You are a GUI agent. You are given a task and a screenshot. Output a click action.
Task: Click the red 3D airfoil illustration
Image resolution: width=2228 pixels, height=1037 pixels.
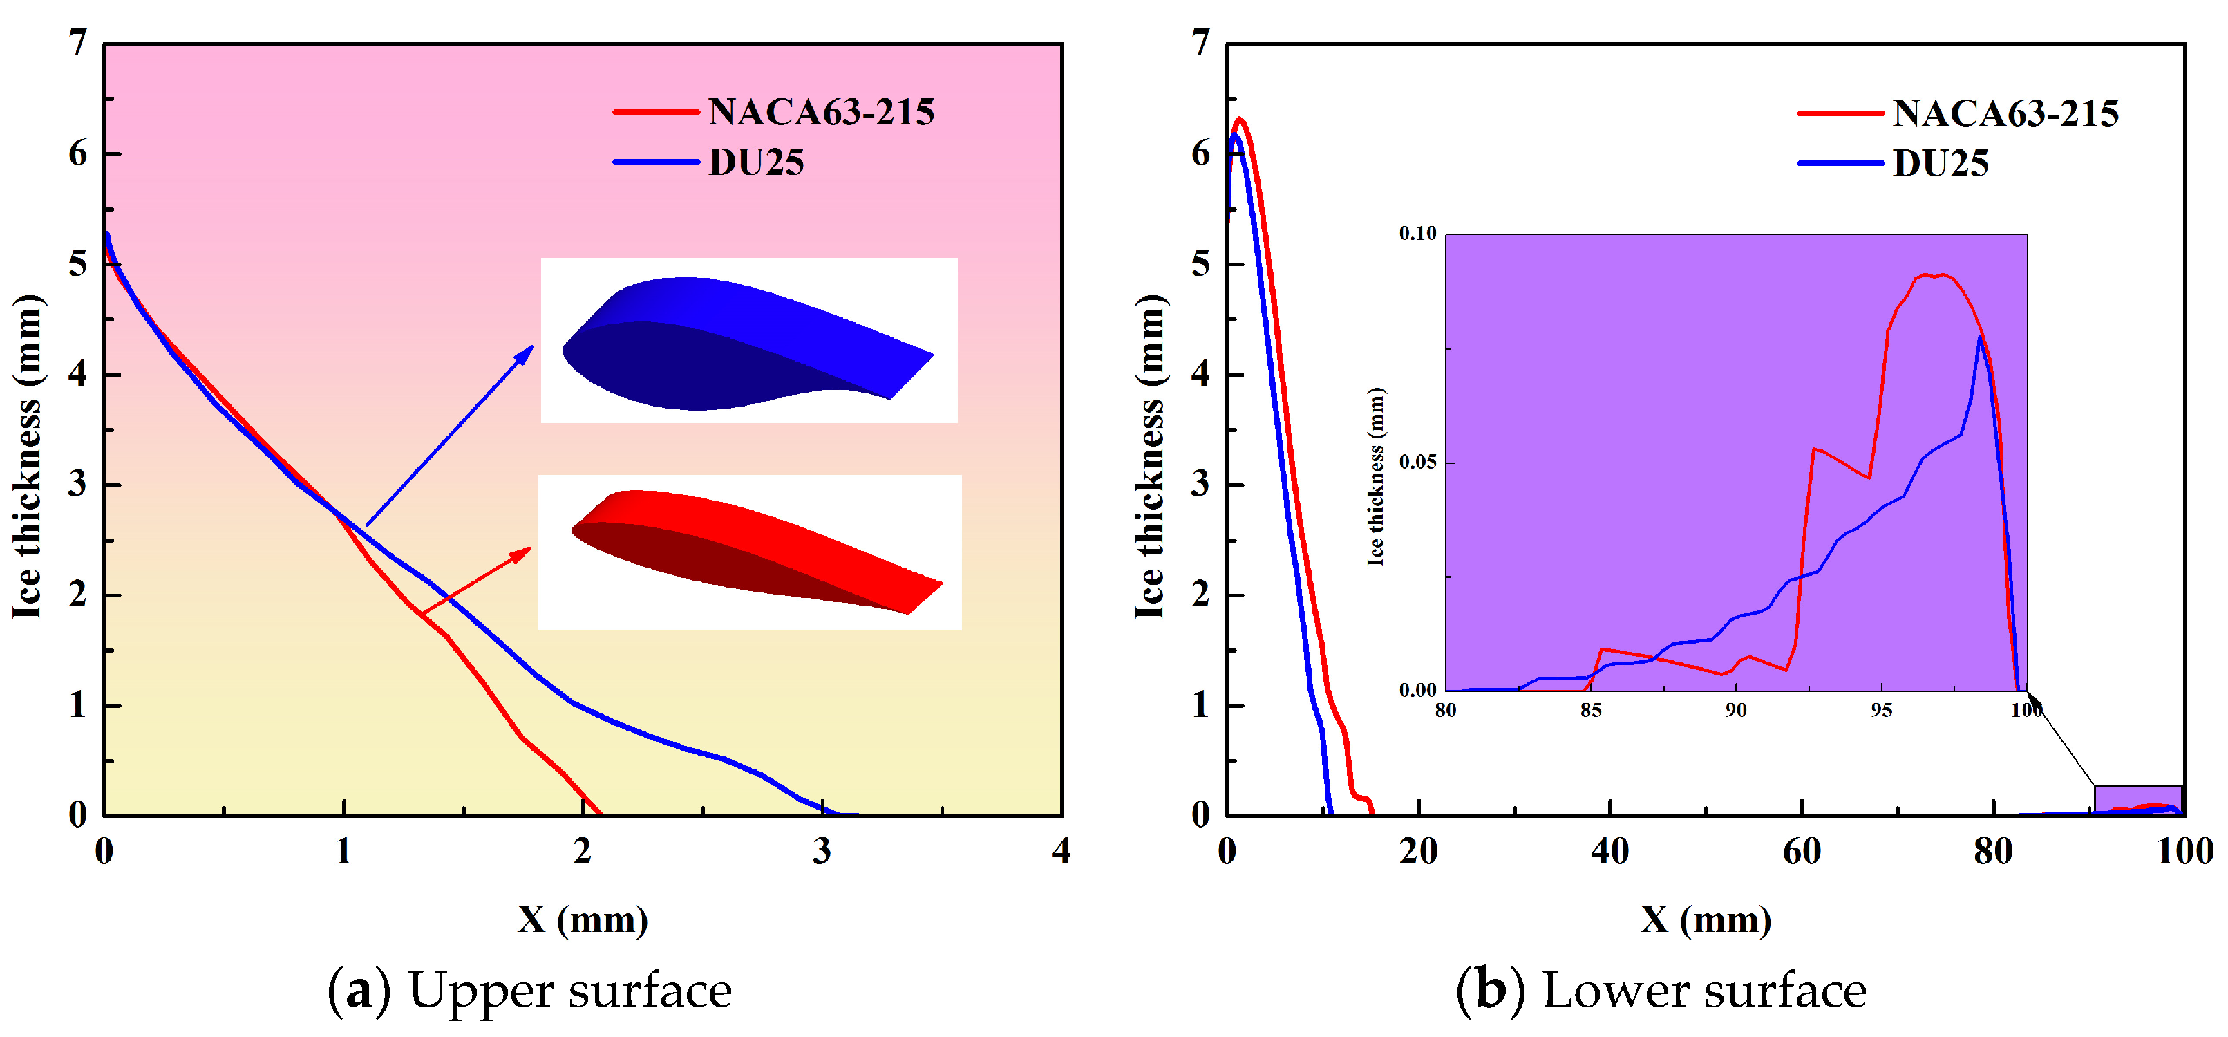click(753, 548)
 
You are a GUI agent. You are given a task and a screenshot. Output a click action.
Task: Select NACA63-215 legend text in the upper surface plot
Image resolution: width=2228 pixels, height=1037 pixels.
click(820, 113)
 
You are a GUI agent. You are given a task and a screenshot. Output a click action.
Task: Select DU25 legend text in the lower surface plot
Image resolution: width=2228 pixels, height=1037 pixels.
click(1940, 163)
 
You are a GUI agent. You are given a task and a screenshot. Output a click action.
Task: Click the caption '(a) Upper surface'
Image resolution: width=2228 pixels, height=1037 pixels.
click(529, 990)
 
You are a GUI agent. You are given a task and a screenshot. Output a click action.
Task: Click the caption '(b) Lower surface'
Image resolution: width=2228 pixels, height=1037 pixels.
click(1661, 990)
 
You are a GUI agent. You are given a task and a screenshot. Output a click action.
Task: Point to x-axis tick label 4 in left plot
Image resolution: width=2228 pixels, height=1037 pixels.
click(1060, 852)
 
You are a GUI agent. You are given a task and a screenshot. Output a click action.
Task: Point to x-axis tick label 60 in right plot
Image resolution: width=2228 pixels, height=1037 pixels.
click(1802, 852)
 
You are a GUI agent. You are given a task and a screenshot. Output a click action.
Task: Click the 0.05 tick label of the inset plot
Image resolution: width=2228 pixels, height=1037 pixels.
click(1417, 462)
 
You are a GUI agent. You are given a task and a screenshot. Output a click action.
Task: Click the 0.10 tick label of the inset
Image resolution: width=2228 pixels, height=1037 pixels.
click(1417, 234)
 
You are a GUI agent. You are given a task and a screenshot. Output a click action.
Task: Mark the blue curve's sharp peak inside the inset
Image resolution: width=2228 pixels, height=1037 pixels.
click(1980, 337)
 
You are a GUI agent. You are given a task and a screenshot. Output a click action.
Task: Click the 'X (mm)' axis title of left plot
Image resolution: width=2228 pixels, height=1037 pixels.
click(582, 919)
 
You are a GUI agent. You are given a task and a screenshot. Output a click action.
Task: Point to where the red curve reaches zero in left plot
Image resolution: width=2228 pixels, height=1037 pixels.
click(601, 814)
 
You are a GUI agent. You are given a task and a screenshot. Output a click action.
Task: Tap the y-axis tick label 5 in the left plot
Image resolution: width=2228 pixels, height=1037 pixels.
click(78, 264)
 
